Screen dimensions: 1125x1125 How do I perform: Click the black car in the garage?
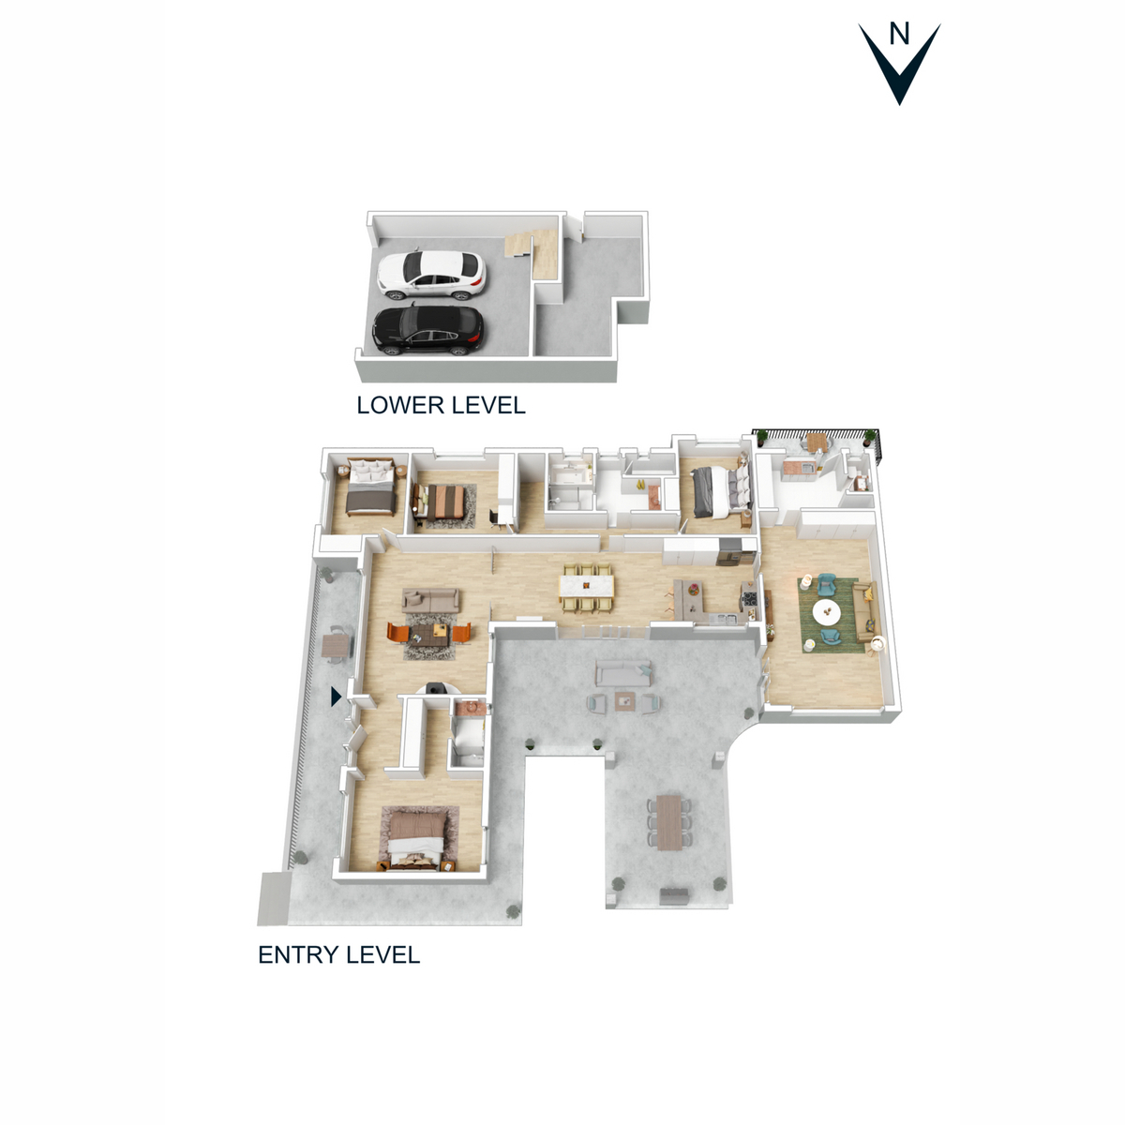(x=428, y=329)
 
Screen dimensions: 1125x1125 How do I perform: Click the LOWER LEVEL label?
(x=441, y=405)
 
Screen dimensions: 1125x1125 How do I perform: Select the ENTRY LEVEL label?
(x=338, y=954)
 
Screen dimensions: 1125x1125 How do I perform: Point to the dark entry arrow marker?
(x=336, y=697)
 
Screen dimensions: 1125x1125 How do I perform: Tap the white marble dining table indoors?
(x=586, y=587)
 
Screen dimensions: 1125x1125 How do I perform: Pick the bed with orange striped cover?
(x=440, y=501)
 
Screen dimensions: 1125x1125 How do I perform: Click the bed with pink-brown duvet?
(x=416, y=834)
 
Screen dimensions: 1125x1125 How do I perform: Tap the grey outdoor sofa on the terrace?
(x=623, y=671)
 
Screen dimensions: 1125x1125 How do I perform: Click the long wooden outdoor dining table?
(x=668, y=821)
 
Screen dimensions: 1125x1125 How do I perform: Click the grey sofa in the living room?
(x=430, y=599)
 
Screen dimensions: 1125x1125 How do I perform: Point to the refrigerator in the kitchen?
(x=729, y=552)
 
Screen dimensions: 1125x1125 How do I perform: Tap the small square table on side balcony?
(x=335, y=646)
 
